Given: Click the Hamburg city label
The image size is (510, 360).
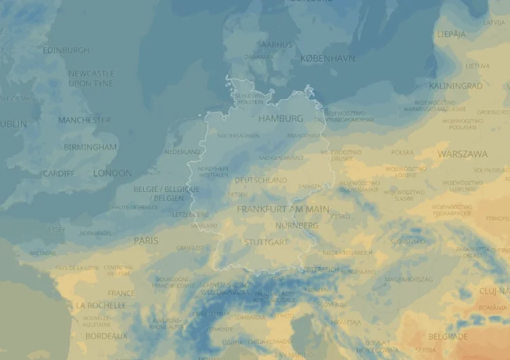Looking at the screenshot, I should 281,119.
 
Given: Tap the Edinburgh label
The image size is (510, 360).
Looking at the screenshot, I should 66,50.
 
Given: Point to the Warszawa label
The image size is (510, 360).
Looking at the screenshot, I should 462,154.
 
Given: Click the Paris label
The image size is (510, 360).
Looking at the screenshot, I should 146,241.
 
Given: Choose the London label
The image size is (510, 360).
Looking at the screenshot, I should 113,174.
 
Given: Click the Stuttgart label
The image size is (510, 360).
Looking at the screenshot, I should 266,242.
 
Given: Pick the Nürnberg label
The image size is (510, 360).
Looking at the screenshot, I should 296,225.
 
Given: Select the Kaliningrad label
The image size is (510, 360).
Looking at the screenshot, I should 455,86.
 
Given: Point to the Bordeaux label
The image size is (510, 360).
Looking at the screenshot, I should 106,336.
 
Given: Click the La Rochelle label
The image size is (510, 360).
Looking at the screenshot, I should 101,306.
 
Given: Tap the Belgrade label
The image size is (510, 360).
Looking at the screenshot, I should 448,336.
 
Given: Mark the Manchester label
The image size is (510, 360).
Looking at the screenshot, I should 84,121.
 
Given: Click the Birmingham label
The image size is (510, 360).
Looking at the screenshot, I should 90,147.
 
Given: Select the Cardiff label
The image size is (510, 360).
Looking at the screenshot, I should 59,174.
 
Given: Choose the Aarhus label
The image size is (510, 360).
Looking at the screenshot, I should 277,45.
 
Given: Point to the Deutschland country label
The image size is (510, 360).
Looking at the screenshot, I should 261,180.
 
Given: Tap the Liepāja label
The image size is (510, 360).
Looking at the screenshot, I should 452,34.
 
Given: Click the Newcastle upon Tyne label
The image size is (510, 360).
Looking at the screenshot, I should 91,78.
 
